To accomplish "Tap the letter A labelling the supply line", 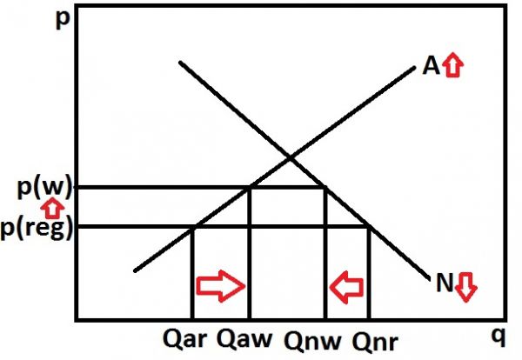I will point(430,66).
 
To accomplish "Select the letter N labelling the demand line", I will point(442,282).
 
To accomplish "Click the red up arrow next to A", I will point(451,66).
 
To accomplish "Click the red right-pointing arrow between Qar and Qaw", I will point(221,285).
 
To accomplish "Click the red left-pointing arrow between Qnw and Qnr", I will point(347,285).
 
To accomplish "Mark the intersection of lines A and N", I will point(290,157).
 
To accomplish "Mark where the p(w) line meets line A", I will point(251,187).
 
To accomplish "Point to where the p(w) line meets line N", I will point(325,187).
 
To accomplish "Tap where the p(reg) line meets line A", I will point(192,227).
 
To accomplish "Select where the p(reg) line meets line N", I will point(370,227).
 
